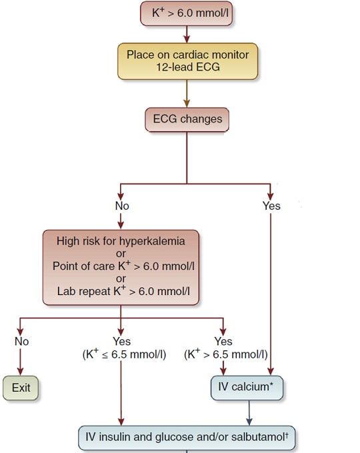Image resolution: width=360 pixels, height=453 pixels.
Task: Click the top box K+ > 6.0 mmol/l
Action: [x=186, y=13]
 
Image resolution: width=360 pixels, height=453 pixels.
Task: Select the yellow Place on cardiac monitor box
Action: [x=187, y=61]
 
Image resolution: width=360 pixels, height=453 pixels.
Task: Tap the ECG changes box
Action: [x=187, y=120]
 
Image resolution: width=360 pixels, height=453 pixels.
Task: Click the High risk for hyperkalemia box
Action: [x=121, y=267]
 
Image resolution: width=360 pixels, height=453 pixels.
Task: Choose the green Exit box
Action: [x=21, y=388]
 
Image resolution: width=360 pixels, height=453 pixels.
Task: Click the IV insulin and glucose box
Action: [x=187, y=438]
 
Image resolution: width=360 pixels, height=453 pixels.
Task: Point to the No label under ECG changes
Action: [x=121, y=206]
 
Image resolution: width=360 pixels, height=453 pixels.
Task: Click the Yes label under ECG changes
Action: [x=271, y=206]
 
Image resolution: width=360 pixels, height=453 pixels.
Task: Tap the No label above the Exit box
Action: [x=21, y=341]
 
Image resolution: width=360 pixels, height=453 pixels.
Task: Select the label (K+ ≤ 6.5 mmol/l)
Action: [x=121, y=354]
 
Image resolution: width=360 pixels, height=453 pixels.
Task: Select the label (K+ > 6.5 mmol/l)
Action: [x=225, y=354]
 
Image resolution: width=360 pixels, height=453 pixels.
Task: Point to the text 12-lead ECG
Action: [x=187, y=68]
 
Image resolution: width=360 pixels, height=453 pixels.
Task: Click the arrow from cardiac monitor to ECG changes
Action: [x=187, y=93]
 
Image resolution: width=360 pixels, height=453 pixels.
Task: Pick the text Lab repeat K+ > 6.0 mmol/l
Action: [x=121, y=292]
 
